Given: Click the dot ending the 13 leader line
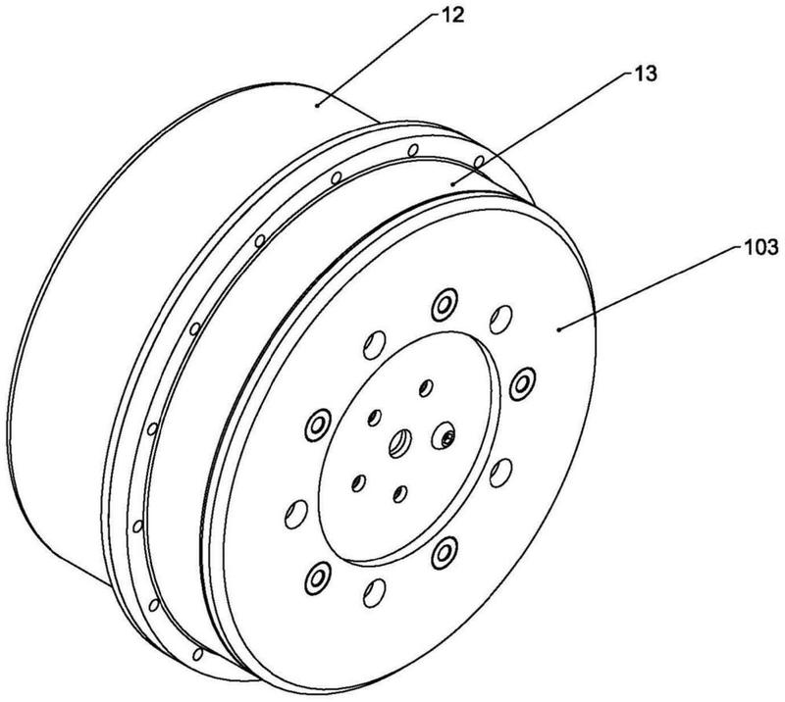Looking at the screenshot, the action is click(450, 181).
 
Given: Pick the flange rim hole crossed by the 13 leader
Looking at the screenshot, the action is click(478, 161).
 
